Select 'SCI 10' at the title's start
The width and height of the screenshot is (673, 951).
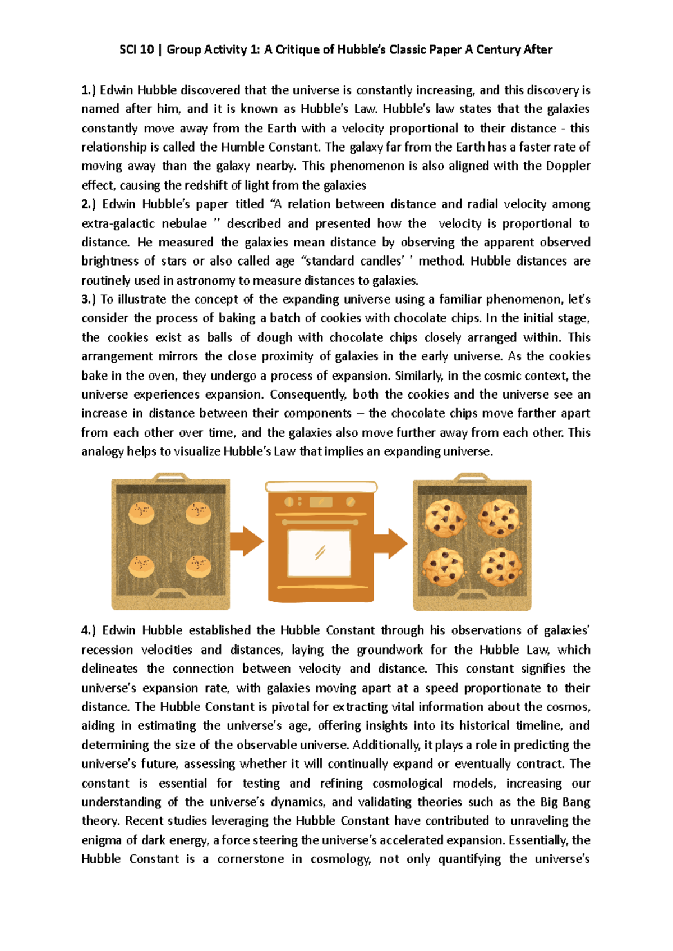[136, 49]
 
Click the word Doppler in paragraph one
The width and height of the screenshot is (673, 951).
[568, 166]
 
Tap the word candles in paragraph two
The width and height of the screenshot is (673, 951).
[381, 261]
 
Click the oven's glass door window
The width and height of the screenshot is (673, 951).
[319, 552]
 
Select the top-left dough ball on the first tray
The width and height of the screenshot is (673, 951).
[141, 512]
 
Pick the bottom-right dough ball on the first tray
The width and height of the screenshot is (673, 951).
[198, 565]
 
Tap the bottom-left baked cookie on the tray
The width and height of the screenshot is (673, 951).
[443, 567]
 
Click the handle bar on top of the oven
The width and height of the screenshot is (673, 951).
[321, 486]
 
